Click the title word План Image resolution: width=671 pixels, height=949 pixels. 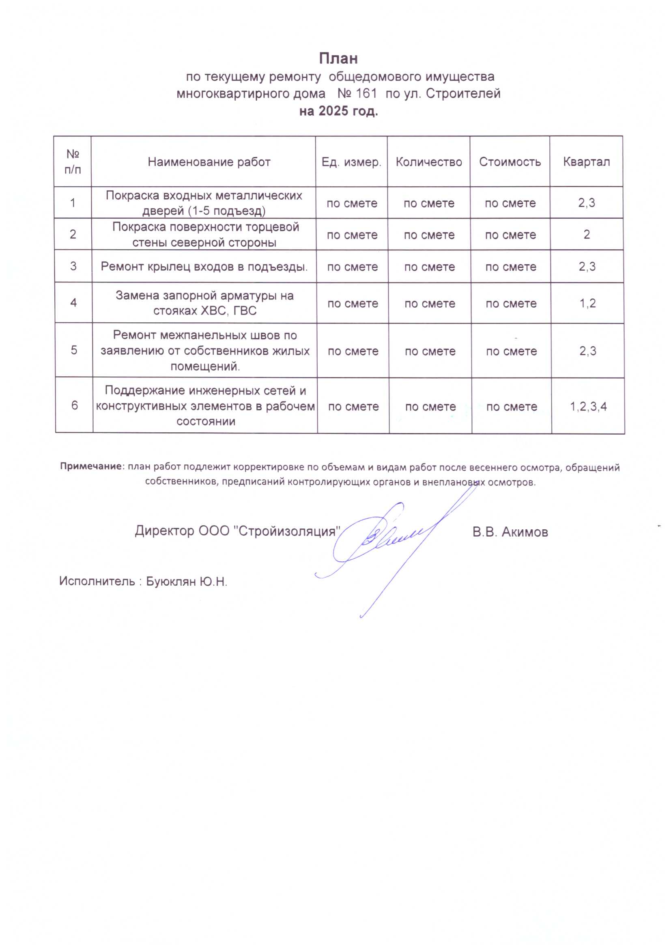tap(338, 59)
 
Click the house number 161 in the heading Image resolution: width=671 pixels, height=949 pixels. tap(366, 94)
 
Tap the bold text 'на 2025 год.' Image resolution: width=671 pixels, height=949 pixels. tap(338, 111)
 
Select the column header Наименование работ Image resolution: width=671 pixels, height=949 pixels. tap(209, 162)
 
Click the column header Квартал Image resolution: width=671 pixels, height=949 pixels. tap(586, 162)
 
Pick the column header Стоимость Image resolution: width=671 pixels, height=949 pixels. tap(510, 162)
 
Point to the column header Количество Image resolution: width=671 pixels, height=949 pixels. tap(429, 162)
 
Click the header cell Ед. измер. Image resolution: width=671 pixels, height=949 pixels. tap(352, 162)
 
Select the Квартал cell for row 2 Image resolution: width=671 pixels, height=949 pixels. tap(587, 234)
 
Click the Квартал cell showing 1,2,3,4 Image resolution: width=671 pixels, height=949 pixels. tap(588, 406)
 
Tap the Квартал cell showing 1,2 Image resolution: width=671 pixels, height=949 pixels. tap(587, 303)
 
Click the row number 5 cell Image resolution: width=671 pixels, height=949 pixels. tap(74, 350)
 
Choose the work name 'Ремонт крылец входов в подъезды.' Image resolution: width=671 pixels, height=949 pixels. tap(204, 267)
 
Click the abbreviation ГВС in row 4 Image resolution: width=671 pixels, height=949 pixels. tap(245, 311)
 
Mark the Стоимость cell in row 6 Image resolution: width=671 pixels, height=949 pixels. tap(512, 407)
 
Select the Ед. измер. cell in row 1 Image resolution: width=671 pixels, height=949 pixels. tap(352, 203)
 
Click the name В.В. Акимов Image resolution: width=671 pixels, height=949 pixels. tap(510, 532)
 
